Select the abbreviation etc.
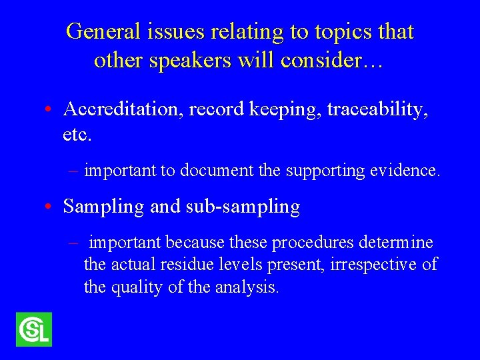point(77,135)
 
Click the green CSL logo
point(34,329)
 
